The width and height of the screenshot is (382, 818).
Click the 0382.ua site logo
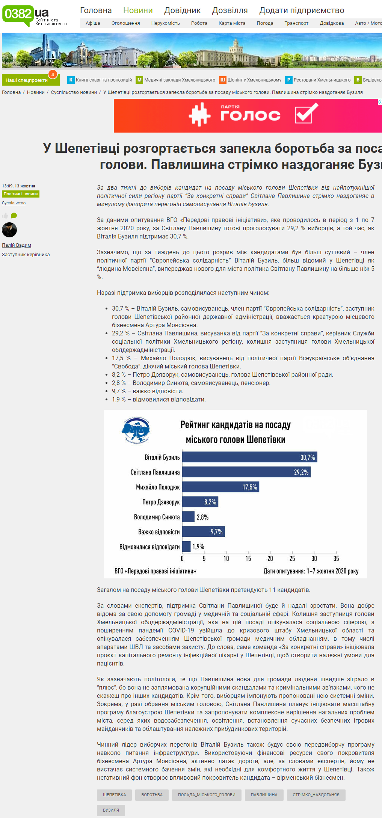(x=25, y=15)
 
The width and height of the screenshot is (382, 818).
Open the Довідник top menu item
(x=182, y=11)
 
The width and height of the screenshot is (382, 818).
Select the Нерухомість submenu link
(x=165, y=23)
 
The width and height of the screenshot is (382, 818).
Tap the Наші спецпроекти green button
(x=27, y=80)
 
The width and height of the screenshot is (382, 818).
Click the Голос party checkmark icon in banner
(x=306, y=113)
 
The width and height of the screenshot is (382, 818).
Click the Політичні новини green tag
(x=21, y=194)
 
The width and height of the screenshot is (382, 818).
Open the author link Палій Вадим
(x=17, y=245)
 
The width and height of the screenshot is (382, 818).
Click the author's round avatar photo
(x=9, y=230)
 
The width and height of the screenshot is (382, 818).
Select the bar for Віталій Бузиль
(x=249, y=457)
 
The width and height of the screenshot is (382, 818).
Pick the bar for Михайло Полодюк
(x=220, y=487)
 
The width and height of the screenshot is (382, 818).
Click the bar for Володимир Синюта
(x=188, y=517)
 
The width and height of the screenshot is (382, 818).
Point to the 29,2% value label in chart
(x=301, y=472)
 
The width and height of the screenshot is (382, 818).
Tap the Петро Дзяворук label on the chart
(x=161, y=502)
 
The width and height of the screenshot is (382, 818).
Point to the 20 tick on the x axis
(x=270, y=558)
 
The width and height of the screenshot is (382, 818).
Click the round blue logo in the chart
(x=136, y=430)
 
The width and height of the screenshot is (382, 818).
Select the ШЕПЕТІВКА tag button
(x=114, y=795)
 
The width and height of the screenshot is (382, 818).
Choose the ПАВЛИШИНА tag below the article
(x=264, y=795)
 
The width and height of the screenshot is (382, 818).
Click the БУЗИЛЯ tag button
(x=111, y=810)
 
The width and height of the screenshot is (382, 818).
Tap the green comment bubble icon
(x=14, y=216)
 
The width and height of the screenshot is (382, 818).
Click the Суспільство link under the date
(x=14, y=203)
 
